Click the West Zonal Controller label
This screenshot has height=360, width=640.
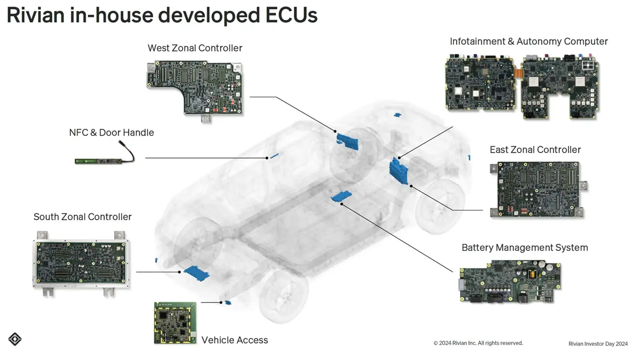(x=195, y=48)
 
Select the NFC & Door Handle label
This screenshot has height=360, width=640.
(x=112, y=133)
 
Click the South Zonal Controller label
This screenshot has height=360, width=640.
(x=82, y=217)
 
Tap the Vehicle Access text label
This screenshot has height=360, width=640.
(x=235, y=340)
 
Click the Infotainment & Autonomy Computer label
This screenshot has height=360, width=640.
(x=528, y=41)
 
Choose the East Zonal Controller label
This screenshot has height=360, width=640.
(x=535, y=150)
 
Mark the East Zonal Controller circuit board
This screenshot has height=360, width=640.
(x=538, y=188)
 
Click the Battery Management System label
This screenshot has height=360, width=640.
(x=525, y=247)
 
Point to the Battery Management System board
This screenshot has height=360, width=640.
(x=510, y=281)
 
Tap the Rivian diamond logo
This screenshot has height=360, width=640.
(x=15, y=339)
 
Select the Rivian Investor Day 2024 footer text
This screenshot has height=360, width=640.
(x=598, y=344)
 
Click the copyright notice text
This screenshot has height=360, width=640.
(x=478, y=343)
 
